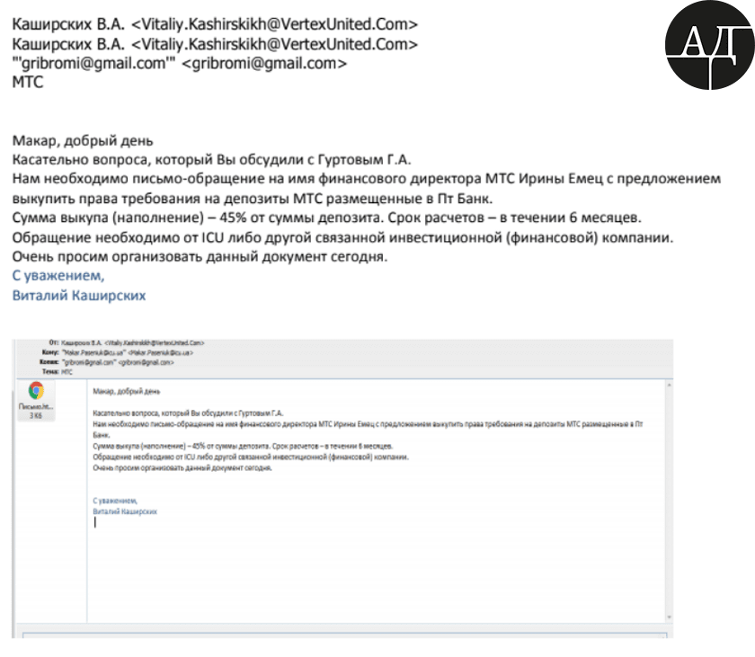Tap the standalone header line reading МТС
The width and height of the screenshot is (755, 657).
point(28,82)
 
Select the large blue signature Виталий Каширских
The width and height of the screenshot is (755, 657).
point(78,295)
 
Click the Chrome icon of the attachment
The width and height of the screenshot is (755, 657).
point(36,390)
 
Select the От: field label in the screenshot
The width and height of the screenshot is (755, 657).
point(55,342)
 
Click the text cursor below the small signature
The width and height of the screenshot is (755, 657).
point(95,523)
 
